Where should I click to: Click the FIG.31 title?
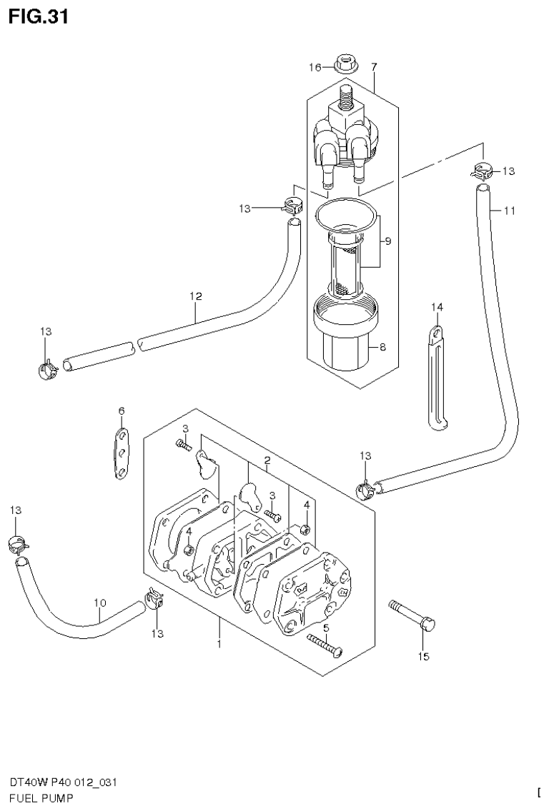coord(39,16)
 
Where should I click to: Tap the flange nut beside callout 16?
coord(342,64)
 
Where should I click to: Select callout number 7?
coord(373,66)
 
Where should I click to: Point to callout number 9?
coord(387,241)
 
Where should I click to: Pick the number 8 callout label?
coord(382,348)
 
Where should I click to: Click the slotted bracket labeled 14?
coord(437,378)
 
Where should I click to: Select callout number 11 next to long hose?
coord(509,211)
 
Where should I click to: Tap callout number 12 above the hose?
coord(196,296)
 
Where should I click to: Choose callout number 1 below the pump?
coord(219,644)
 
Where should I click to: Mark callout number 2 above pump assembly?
coord(266,461)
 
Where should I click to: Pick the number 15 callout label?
coord(424,657)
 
